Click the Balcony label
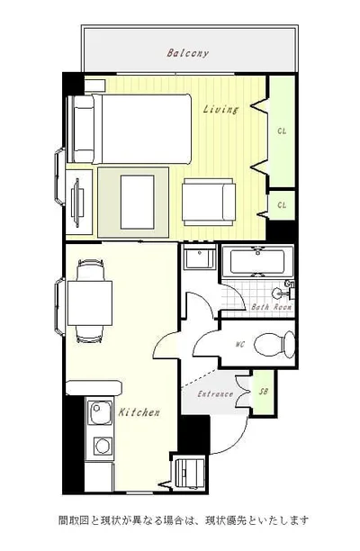click(188, 53)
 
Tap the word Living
click(220, 109)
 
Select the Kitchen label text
click(139, 411)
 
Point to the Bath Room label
click(272, 307)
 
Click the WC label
click(240, 344)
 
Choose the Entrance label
click(215, 394)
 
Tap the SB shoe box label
click(264, 391)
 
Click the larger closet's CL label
click(282, 131)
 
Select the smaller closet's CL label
click(282, 205)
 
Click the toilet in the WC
click(274, 344)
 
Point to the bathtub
click(257, 261)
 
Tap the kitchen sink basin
click(100, 411)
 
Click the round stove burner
click(103, 446)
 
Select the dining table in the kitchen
click(90, 303)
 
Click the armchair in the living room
click(209, 202)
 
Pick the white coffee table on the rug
click(138, 202)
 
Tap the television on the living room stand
click(76, 203)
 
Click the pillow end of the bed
click(84, 129)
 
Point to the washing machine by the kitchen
click(190, 473)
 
